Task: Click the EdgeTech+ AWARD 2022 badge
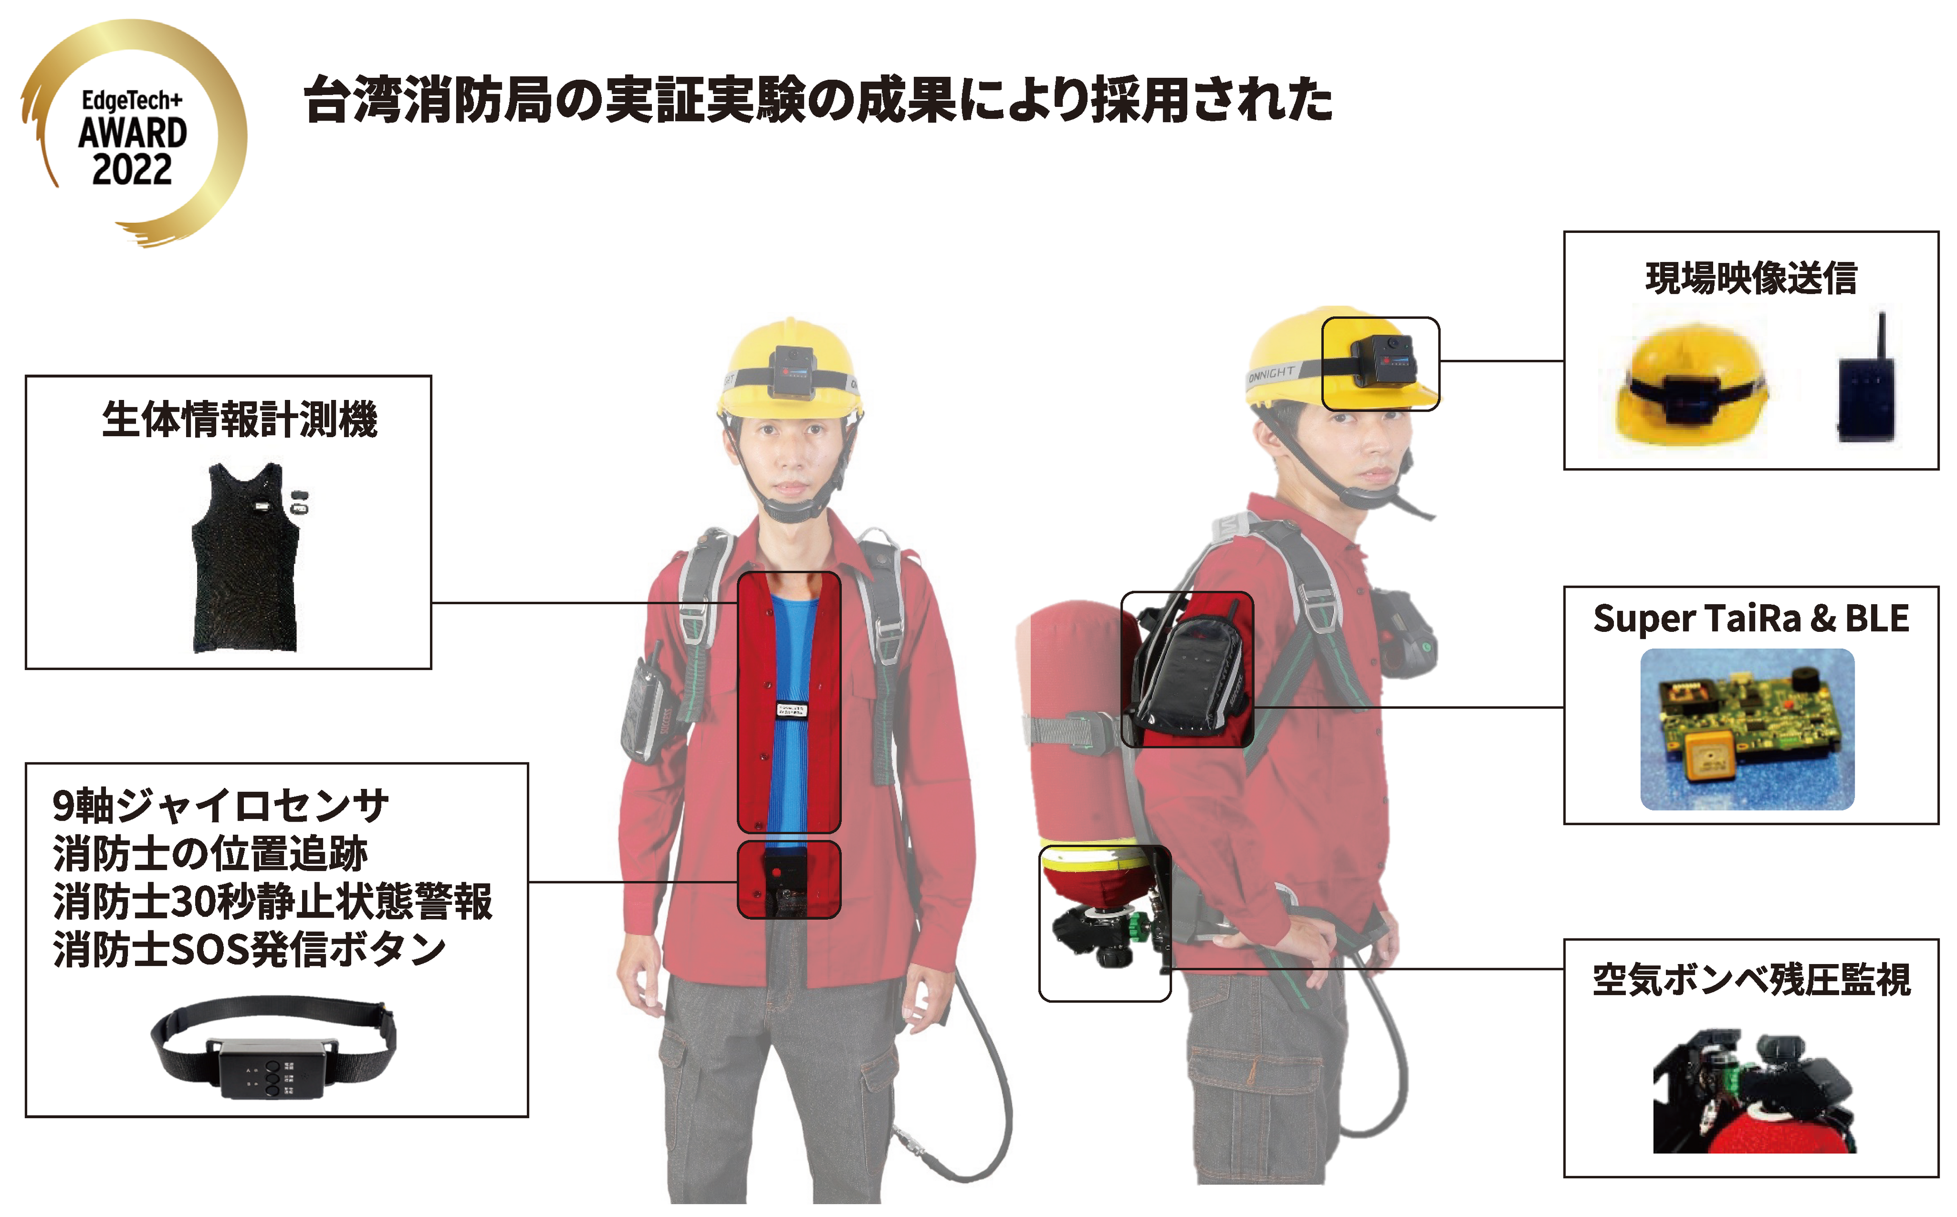coord(133,133)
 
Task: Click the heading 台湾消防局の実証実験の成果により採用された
coord(817,100)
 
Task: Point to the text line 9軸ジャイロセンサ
coord(220,805)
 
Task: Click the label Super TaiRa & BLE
coord(1751,618)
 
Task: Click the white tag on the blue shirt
coord(790,710)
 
